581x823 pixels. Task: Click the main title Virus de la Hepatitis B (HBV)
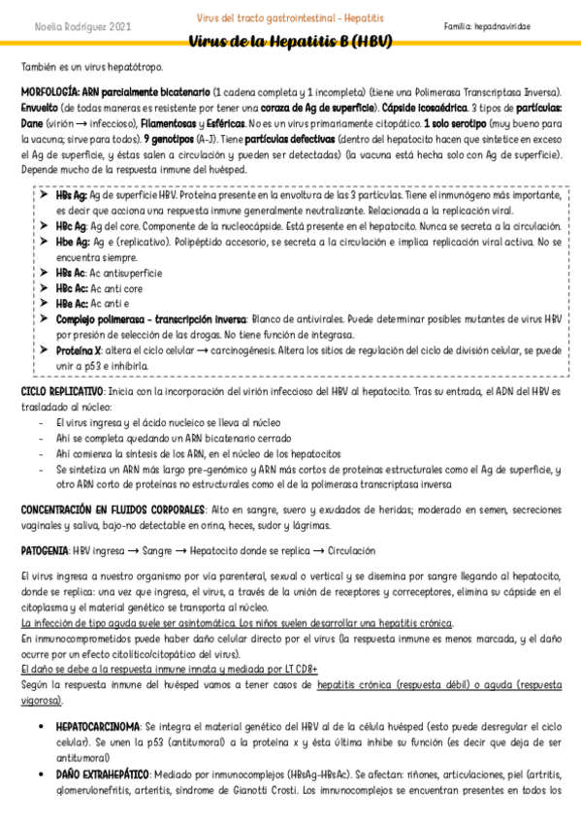pyautogui.click(x=290, y=42)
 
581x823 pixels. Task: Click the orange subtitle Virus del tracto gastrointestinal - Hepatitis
pyautogui.click(x=290, y=18)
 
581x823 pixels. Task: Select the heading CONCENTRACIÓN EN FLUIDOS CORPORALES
pyautogui.click(x=113, y=510)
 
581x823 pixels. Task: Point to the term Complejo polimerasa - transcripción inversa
pyautogui.click(x=151, y=318)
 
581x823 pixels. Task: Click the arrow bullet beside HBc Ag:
pyautogui.click(x=44, y=224)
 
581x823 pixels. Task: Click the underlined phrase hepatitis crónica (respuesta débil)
pyautogui.click(x=395, y=684)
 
